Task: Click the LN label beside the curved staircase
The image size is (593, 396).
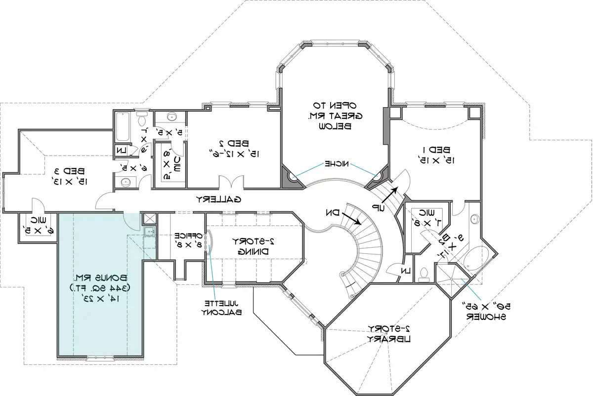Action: tap(405, 270)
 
